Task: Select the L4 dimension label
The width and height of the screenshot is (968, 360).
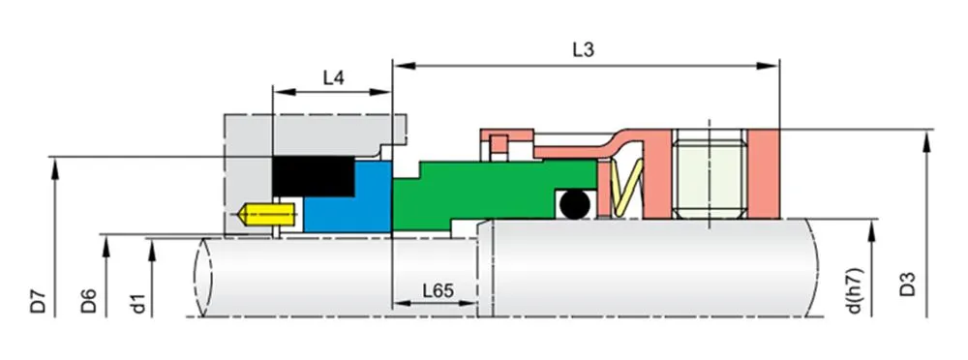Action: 333,78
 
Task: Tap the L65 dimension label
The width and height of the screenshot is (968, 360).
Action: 438,289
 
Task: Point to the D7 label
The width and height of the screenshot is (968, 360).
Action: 38,299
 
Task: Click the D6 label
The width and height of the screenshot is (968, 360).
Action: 88,299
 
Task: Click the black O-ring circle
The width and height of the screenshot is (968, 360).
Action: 573,204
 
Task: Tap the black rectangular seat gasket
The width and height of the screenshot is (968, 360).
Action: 314,177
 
